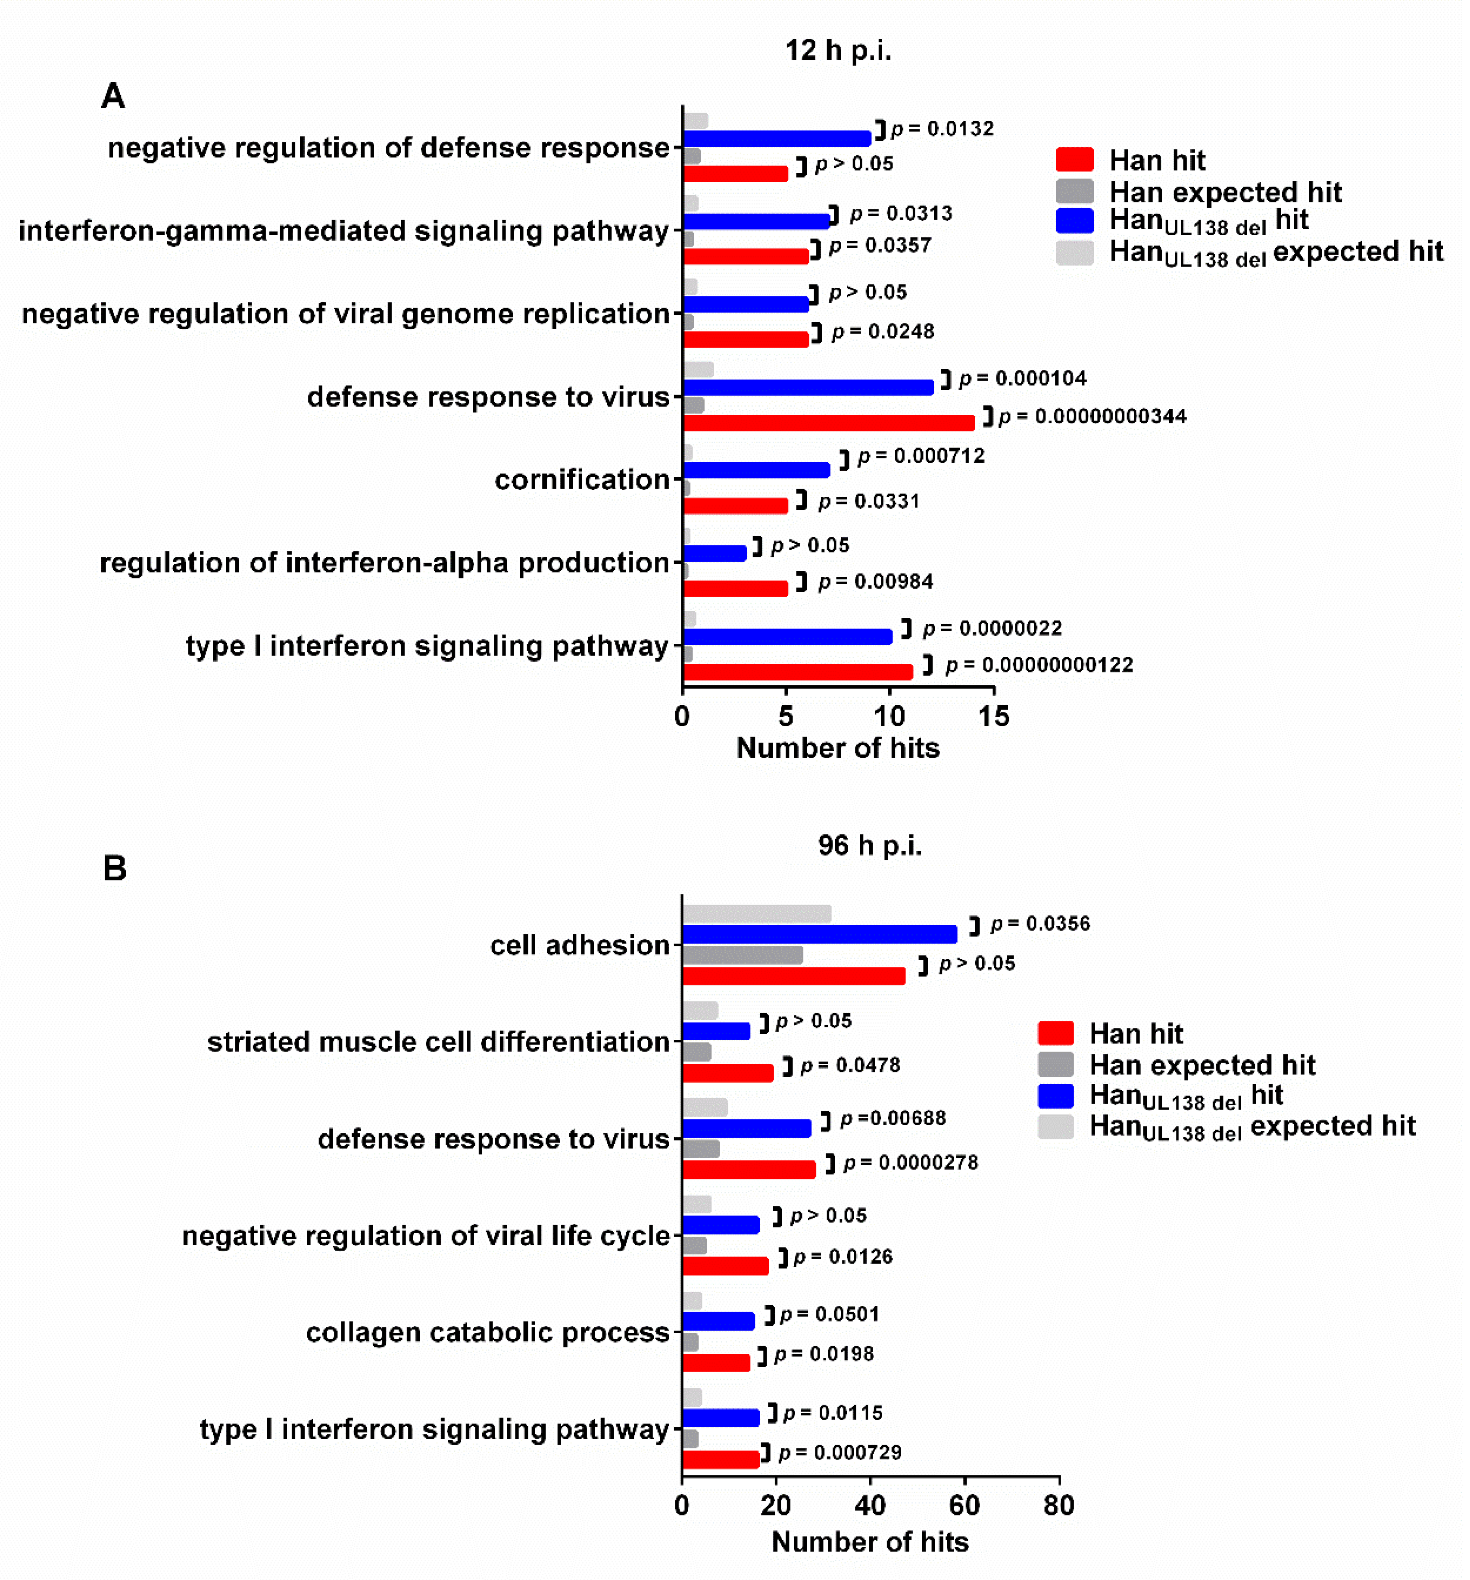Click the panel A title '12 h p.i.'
838,50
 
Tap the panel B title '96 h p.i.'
870,845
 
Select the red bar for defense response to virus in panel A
828,423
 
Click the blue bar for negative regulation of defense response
777,138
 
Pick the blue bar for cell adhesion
820,934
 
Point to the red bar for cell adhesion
793,975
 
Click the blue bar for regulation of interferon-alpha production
715,553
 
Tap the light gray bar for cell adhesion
757,914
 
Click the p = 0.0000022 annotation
991,628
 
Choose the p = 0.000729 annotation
840,1453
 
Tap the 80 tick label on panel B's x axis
1058,1505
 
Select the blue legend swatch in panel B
1055,1096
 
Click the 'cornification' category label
582,479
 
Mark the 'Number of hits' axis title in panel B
870,1542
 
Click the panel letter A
113,96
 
